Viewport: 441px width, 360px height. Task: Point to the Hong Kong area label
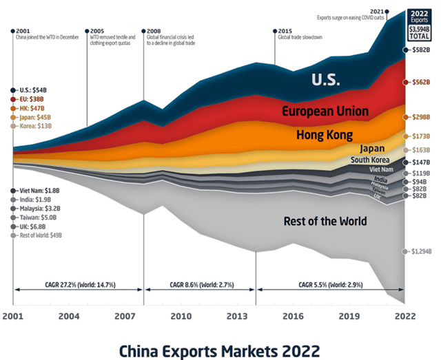[x=324, y=134]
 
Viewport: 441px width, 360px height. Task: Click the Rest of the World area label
[x=325, y=221]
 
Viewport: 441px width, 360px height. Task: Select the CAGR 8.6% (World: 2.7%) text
[x=200, y=284]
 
